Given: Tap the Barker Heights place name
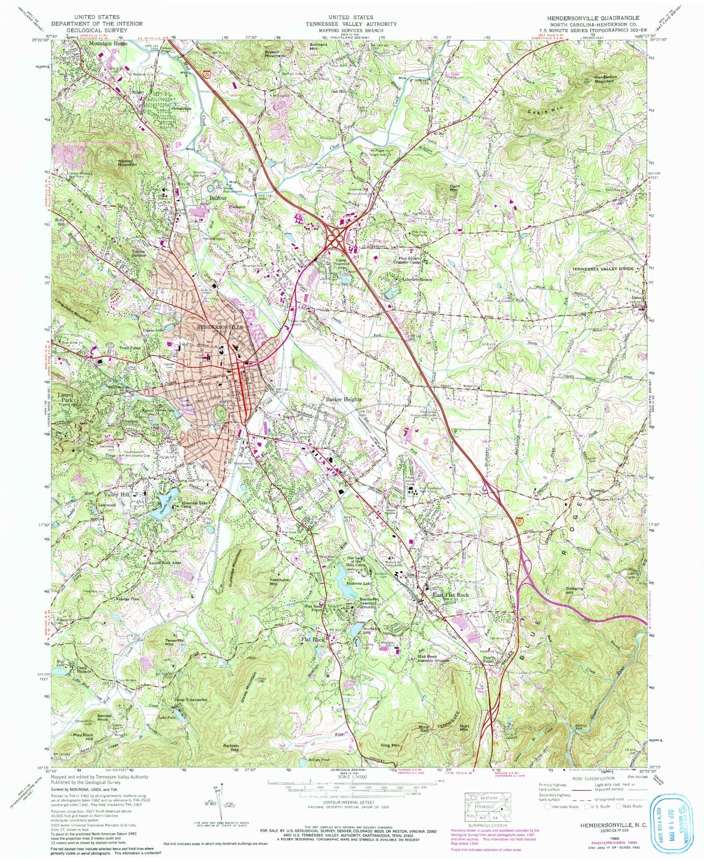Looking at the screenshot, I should pyautogui.click(x=344, y=399).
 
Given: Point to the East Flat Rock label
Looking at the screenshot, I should pyautogui.click(x=451, y=595).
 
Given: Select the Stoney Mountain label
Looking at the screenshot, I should pyautogui.click(x=128, y=163).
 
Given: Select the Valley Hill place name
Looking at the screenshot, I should pyautogui.click(x=118, y=495).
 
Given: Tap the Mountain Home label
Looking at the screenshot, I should pyautogui.click(x=108, y=43).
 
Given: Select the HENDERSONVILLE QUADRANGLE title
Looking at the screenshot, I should pyautogui.click(x=593, y=18).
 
